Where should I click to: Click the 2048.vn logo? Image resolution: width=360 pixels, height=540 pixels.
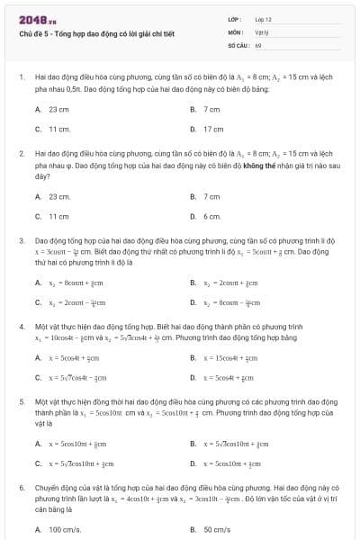32,19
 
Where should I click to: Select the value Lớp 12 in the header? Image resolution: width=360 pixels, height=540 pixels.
264,19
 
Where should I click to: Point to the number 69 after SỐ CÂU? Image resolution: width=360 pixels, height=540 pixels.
258,43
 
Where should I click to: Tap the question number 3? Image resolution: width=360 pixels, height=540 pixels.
21,241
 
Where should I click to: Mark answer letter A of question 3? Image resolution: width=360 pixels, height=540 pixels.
38,282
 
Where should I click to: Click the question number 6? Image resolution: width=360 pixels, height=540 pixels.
21,486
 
